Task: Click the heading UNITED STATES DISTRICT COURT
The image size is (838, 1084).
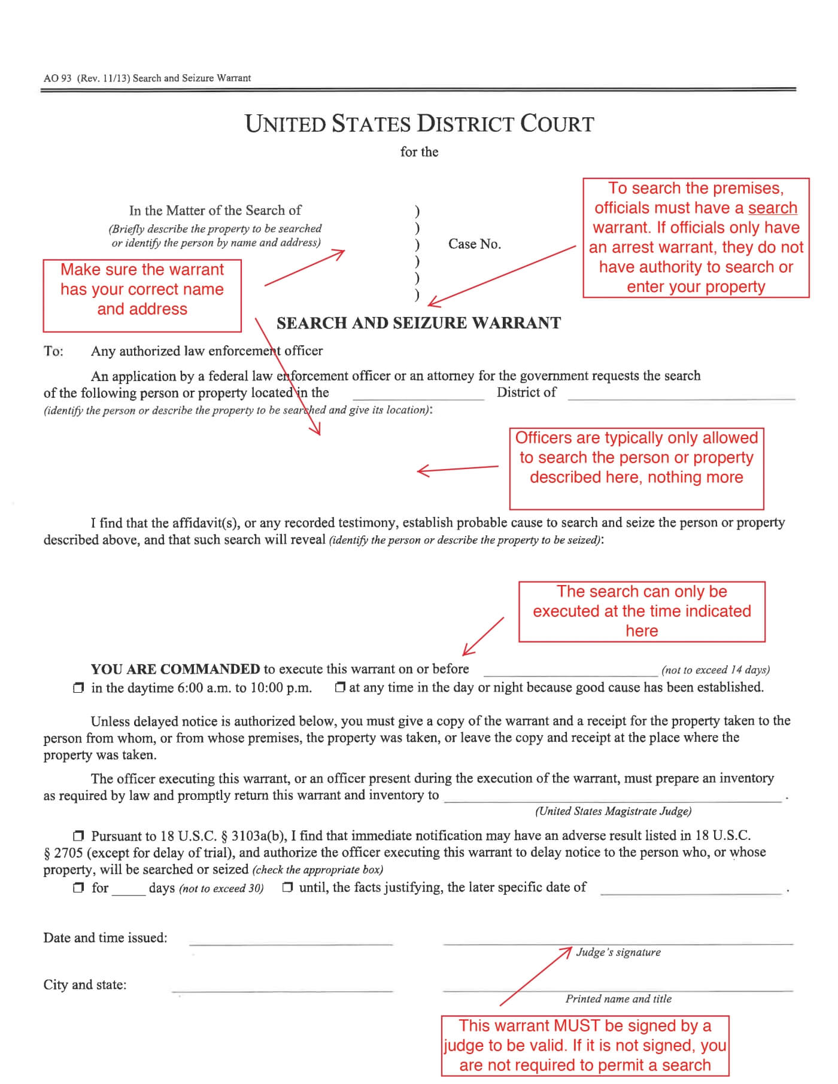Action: (419, 124)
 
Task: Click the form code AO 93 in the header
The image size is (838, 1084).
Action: (57, 78)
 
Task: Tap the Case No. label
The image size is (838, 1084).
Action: (474, 244)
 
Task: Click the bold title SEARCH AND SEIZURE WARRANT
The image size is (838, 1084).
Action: (418, 323)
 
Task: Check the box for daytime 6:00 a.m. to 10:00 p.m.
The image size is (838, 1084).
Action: (78, 689)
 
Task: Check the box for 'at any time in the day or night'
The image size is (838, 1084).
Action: (340, 688)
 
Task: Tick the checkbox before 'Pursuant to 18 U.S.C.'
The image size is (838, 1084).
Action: (78, 836)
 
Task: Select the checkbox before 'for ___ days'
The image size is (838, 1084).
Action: (78, 888)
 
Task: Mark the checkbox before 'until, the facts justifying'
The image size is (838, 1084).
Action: (287, 888)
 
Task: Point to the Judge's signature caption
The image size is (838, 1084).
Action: (618, 952)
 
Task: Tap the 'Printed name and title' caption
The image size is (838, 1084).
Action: (618, 999)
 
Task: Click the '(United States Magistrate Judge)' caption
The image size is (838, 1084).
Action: (613, 811)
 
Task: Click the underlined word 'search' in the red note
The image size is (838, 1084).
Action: (772, 208)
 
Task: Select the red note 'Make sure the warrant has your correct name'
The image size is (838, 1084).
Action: (142, 290)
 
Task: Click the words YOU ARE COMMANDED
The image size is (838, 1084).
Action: (175, 669)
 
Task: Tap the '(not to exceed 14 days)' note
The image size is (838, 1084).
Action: (715, 670)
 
